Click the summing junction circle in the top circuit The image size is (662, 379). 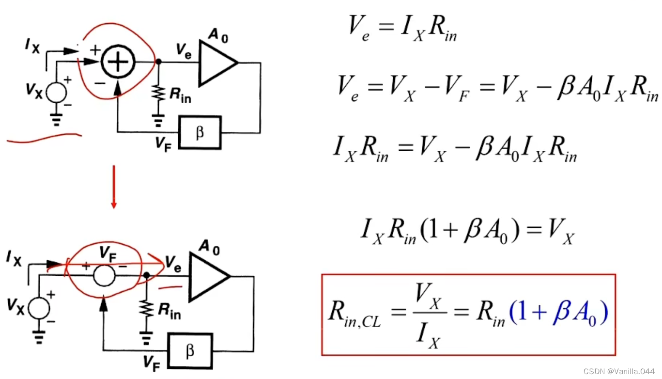118,62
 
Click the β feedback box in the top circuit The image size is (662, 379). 200,132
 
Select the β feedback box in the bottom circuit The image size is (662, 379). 190,350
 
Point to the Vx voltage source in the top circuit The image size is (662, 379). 57,92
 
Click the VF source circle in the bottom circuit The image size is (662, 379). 104,276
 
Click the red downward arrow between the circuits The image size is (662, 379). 113,187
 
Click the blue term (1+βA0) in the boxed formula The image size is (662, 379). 557,314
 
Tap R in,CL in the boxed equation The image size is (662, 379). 354,314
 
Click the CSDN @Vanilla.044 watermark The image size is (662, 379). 620,371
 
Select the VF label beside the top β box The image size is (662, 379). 164,144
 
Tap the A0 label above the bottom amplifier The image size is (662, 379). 209,248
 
